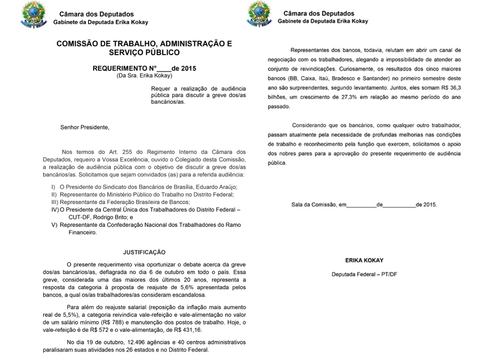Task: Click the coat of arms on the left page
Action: click(33, 16)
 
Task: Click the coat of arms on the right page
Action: click(259, 14)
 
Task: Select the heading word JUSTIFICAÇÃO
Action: click(144, 252)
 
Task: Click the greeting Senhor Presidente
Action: click(85, 127)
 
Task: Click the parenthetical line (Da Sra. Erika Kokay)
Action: click(144, 76)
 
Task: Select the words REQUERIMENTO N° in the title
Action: click(124, 68)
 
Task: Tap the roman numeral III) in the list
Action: click(56, 202)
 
